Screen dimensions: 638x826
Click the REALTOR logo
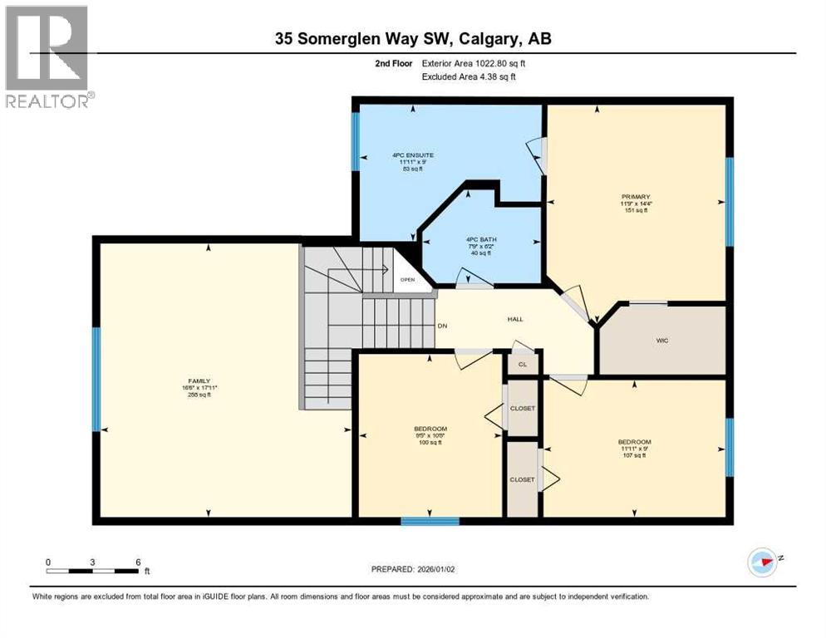click(x=47, y=57)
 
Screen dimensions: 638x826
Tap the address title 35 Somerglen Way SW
click(x=413, y=38)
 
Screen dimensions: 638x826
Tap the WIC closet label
click(x=662, y=341)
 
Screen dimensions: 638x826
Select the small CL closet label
click(x=522, y=364)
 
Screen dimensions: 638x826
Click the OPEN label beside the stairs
click(x=407, y=280)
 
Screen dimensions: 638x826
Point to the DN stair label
click(x=443, y=326)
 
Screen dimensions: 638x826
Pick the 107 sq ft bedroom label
click(x=634, y=449)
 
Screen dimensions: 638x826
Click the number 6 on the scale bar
click(x=138, y=562)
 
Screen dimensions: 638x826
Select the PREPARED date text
click(x=413, y=569)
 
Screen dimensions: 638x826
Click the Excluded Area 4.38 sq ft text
click(x=470, y=76)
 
